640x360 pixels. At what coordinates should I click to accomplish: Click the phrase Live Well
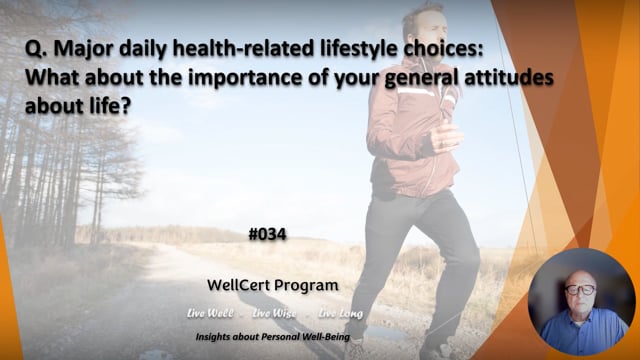[x=210, y=313]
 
